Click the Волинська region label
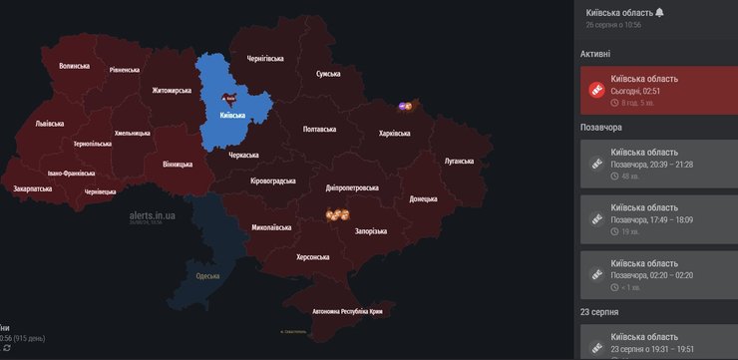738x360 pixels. (74, 66)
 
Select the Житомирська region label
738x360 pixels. (172, 90)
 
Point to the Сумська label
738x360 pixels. (328, 74)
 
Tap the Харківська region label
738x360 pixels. (395, 133)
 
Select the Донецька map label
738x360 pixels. (423, 198)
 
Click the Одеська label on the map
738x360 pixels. (207, 275)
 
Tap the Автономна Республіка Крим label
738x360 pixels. (347, 310)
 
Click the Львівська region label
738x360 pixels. (49, 124)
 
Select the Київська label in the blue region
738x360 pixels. (231, 116)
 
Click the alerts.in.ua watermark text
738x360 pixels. (152, 214)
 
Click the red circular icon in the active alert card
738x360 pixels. (597, 89)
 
